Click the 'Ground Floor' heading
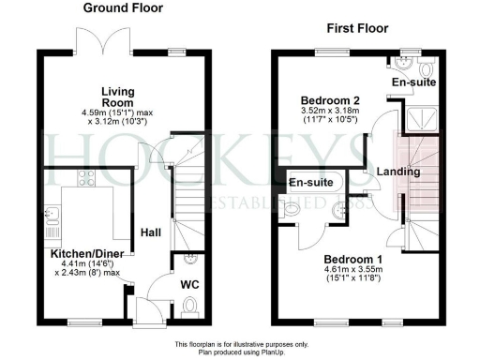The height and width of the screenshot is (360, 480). [x=122, y=8]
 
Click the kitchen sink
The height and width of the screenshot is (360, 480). [x=51, y=221]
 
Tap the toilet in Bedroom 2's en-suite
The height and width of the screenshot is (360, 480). [x=427, y=69]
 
